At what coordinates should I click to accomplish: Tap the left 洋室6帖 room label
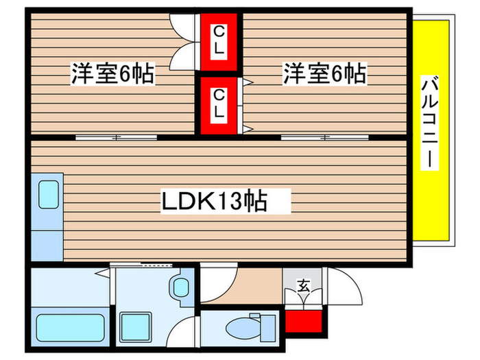tap(112, 74)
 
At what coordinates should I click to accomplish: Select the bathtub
tap(69, 330)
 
